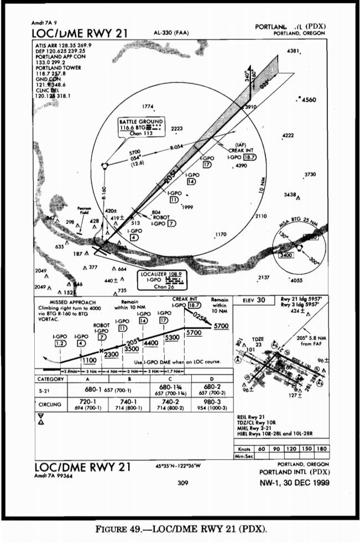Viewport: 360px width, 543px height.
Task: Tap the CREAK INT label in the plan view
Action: [x=240, y=151]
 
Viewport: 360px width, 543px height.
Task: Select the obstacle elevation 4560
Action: [x=307, y=100]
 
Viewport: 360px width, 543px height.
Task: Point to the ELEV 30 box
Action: [x=254, y=300]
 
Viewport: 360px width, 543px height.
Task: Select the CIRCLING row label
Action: [x=49, y=404]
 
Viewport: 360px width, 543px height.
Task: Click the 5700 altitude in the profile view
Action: [x=221, y=326]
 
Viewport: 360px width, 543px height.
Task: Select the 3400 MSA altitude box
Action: [x=286, y=255]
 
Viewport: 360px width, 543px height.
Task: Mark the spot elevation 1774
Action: [x=148, y=106]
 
